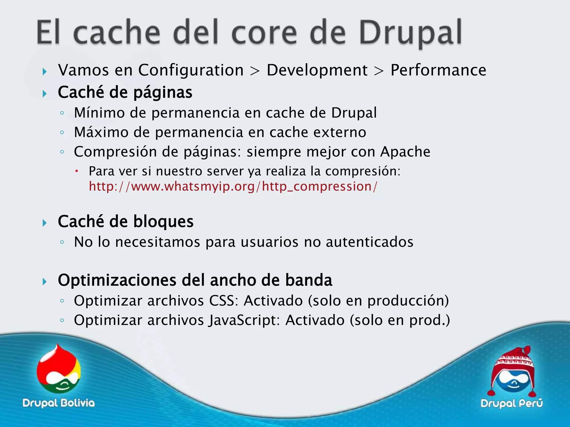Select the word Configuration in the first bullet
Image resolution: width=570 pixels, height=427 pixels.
(x=191, y=70)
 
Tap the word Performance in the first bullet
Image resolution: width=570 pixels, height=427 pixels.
(x=438, y=70)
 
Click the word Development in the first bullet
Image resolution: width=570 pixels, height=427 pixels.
(x=317, y=70)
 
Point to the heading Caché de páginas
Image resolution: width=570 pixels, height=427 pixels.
(x=125, y=92)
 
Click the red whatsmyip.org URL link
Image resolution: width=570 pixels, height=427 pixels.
(x=233, y=186)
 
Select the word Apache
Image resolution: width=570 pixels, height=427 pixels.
(x=405, y=152)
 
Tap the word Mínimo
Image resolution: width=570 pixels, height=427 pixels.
(x=99, y=113)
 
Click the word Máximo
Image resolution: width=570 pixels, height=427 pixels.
(x=101, y=132)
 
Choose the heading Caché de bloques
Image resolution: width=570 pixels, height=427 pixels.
(x=126, y=222)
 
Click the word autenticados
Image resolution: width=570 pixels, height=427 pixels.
(x=369, y=242)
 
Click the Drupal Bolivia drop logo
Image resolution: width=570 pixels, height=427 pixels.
(x=59, y=370)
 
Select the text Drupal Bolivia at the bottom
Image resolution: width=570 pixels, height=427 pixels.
(x=59, y=403)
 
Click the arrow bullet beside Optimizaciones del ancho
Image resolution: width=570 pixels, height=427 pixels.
(x=45, y=282)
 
